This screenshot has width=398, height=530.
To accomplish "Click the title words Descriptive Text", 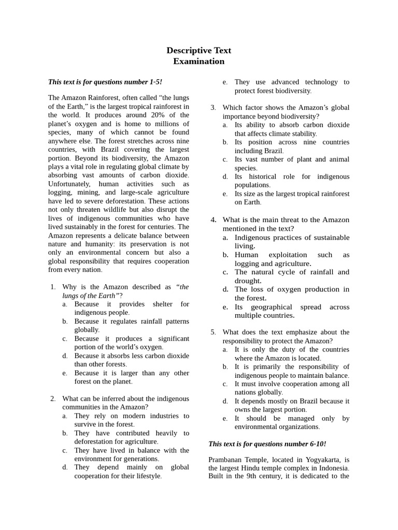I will tap(198, 50).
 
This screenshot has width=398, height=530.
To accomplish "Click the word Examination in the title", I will tap(198, 61).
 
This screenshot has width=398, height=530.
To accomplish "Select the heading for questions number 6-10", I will tap(267, 444).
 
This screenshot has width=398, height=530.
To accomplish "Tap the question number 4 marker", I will tap(213, 220).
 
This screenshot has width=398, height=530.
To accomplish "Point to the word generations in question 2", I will tap(140, 459).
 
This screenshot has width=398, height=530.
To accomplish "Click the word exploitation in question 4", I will tap(288, 255).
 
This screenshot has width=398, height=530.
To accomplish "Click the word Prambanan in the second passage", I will tap(228, 459).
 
